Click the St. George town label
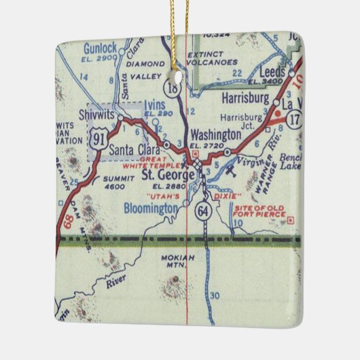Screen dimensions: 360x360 tap(163, 175)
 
